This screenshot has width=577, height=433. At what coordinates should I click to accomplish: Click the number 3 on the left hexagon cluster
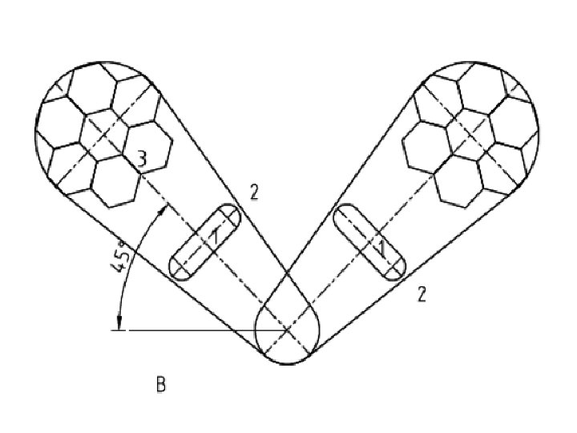pyautogui.click(x=141, y=160)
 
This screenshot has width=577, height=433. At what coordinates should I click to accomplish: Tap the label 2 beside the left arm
pyautogui.click(x=254, y=192)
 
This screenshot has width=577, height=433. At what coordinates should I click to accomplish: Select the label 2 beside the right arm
pyautogui.click(x=421, y=294)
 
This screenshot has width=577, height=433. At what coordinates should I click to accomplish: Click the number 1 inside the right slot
pyautogui.click(x=383, y=249)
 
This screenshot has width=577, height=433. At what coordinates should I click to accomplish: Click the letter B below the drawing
pyautogui.click(x=160, y=386)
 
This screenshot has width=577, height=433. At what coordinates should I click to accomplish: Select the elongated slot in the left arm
pyautogui.click(x=205, y=242)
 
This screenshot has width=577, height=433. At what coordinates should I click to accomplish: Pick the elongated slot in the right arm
pyautogui.click(x=370, y=242)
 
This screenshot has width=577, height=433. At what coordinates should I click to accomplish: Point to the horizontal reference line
pyautogui.click(x=200, y=330)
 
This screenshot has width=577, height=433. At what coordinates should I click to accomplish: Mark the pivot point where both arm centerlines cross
pyautogui.click(x=288, y=330)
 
